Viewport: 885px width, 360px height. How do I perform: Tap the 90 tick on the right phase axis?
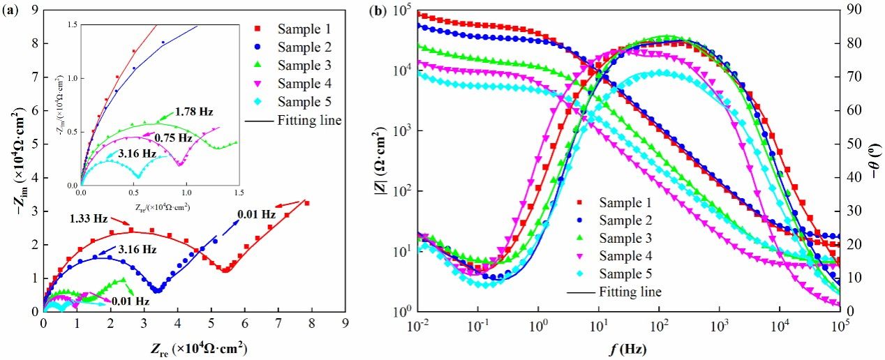(853, 10)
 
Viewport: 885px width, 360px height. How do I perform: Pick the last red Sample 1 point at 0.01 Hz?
(307, 203)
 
